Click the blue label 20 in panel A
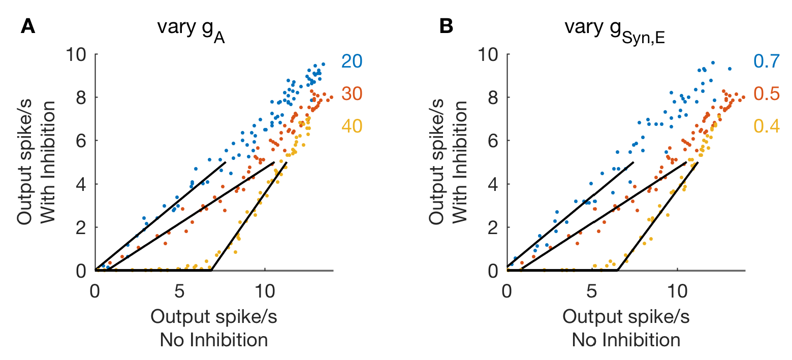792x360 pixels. (352, 61)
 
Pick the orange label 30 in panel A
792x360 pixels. (352, 94)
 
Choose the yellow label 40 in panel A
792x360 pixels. (352, 126)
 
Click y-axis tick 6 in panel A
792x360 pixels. (81, 141)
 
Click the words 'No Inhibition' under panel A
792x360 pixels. (214, 339)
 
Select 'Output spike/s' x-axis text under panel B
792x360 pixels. (626, 317)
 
